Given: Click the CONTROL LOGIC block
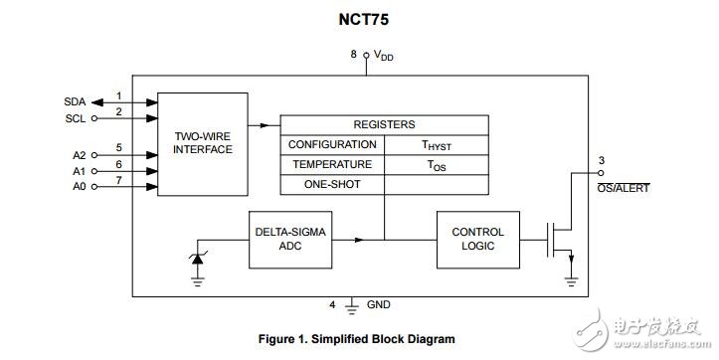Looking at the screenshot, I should tap(477, 239).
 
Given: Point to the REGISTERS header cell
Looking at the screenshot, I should tap(384, 124).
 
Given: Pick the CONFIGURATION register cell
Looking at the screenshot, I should tap(331, 145).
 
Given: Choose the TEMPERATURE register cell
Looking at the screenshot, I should tap(331, 165).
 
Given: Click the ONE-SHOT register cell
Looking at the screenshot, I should tap(331, 185).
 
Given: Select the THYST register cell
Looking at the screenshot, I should tap(438, 145).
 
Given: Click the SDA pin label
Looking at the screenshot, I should tap(75, 101).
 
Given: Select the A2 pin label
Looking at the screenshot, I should tap(80, 155).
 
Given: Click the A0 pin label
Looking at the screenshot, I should tap(80, 186).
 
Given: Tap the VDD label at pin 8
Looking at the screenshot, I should tap(383, 56).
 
